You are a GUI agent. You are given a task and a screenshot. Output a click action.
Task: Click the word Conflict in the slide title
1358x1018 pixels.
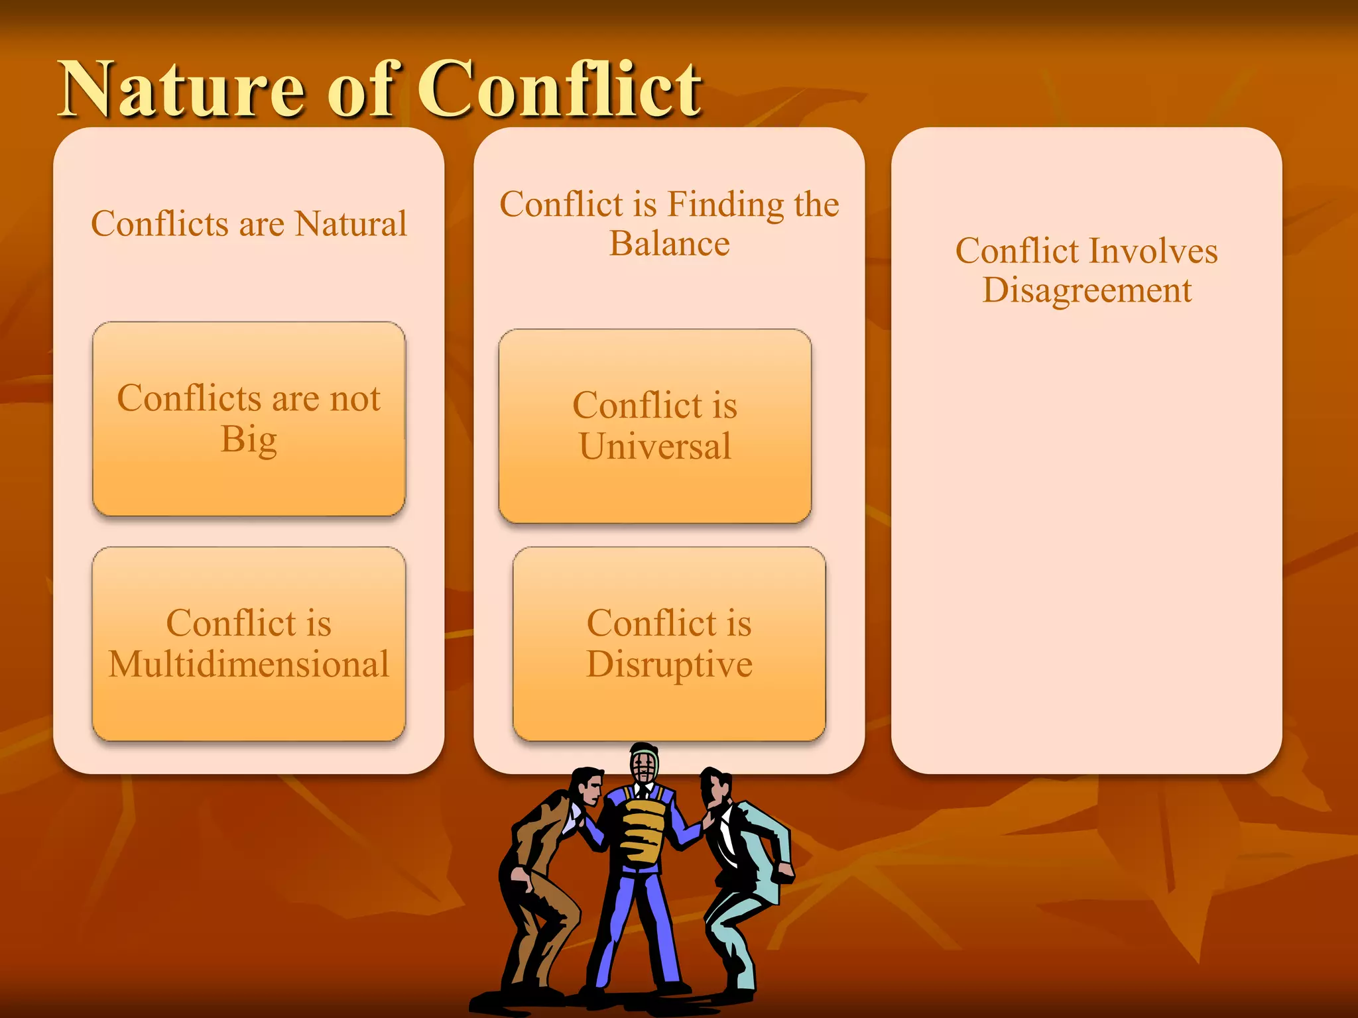pyautogui.click(x=559, y=89)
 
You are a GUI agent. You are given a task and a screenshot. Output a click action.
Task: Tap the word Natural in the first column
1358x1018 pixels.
pyautogui.click(x=351, y=224)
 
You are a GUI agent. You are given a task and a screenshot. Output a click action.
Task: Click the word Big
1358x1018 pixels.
pyautogui.click(x=249, y=440)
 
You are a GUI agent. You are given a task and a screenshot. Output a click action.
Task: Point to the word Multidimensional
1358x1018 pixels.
pyautogui.click(x=249, y=665)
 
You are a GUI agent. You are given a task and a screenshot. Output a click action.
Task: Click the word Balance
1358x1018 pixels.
pyautogui.click(x=669, y=244)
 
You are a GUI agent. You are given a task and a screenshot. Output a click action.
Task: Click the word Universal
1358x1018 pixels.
pyautogui.click(x=654, y=446)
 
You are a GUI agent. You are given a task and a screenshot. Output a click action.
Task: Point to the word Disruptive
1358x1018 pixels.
pyautogui.click(x=669, y=665)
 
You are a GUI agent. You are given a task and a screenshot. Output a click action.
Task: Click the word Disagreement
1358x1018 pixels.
pyautogui.click(x=1086, y=290)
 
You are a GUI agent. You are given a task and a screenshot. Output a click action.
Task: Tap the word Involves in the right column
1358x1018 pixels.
pyautogui.click(x=1153, y=251)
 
